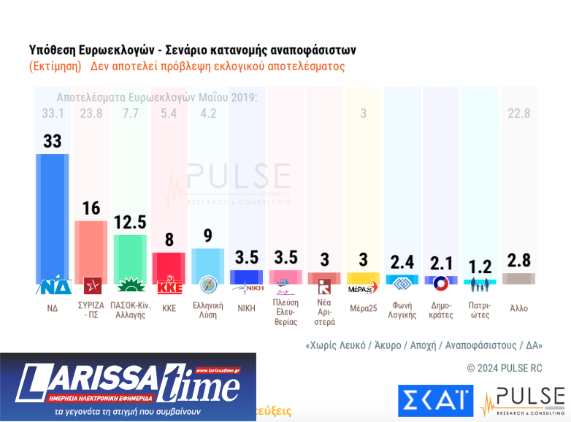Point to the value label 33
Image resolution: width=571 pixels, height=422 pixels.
coord(53,141)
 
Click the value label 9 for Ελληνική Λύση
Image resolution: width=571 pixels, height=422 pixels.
coord(208,236)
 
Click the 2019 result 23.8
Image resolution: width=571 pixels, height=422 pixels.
coord(91,113)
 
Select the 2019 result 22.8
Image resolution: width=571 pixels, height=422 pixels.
coord(519,113)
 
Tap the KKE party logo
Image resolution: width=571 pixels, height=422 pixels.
coord(169,285)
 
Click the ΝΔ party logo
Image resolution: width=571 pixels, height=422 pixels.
coord(53,285)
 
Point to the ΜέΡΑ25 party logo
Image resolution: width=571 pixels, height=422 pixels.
coord(363,285)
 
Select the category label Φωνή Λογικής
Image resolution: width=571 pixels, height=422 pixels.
coord(402,310)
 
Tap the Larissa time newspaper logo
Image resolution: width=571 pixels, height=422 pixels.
coord(128,385)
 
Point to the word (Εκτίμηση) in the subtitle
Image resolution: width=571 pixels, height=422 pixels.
coord(55,66)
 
